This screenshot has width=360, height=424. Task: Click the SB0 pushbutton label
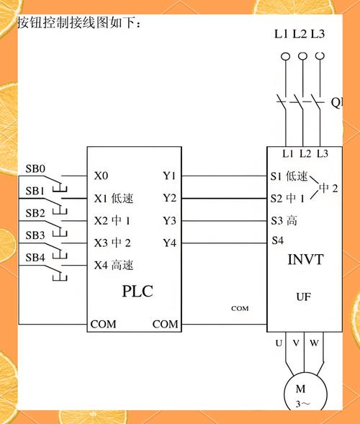click(x=35, y=169)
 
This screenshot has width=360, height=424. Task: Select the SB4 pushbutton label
click(x=35, y=257)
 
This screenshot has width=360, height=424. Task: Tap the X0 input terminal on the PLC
click(x=102, y=176)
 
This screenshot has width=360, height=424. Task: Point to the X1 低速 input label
click(x=114, y=198)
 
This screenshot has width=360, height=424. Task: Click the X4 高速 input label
click(x=114, y=265)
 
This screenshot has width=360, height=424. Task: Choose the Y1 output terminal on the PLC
click(x=169, y=176)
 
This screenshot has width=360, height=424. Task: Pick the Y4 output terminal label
click(x=169, y=243)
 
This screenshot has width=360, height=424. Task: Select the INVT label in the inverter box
click(x=305, y=259)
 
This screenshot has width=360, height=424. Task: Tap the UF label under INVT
click(x=304, y=296)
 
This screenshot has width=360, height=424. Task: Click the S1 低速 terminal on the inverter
click(x=289, y=176)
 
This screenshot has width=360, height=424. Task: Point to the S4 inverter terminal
click(x=277, y=240)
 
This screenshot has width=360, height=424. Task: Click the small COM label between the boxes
click(x=240, y=308)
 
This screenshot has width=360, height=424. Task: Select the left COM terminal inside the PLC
click(x=103, y=325)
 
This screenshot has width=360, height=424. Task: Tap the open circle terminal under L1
click(x=285, y=56)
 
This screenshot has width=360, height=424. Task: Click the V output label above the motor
click(x=296, y=343)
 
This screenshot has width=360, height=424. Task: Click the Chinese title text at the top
click(x=79, y=23)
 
